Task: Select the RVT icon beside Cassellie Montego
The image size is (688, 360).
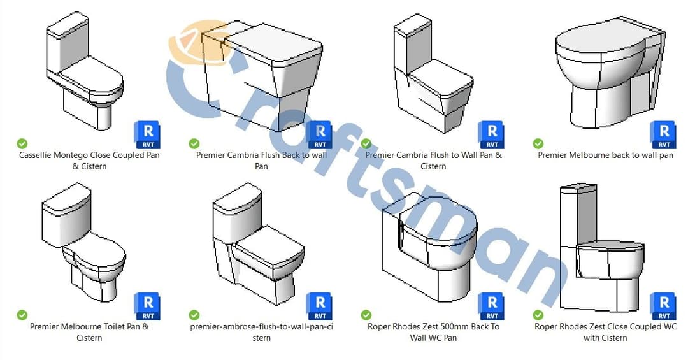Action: tap(147, 134)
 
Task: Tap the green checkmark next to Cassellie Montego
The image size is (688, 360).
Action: tap(22, 143)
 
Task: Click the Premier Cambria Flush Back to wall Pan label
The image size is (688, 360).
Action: tap(261, 161)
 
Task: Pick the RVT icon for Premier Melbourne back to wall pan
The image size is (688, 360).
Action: tap(663, 134)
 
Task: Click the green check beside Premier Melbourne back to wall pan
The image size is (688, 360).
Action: tap(538, 143)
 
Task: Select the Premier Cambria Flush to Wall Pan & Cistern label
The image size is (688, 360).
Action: tap(433, 161)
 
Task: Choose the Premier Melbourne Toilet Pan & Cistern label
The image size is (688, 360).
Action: tap(89, 332)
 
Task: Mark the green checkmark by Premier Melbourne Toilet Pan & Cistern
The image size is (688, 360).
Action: tap(22, 315)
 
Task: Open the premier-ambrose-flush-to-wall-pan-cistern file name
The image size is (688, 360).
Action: tap(261, 332)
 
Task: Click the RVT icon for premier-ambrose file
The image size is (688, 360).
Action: tap(319, 306)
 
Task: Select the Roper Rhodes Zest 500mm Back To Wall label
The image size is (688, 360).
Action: tap(433, 332)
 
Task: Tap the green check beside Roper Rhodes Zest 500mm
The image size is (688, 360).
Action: tap(366, 315)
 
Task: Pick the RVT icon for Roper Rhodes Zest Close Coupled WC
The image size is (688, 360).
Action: tap(663, 306)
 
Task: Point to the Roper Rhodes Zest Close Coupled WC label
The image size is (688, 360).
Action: tap(605, 332)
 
